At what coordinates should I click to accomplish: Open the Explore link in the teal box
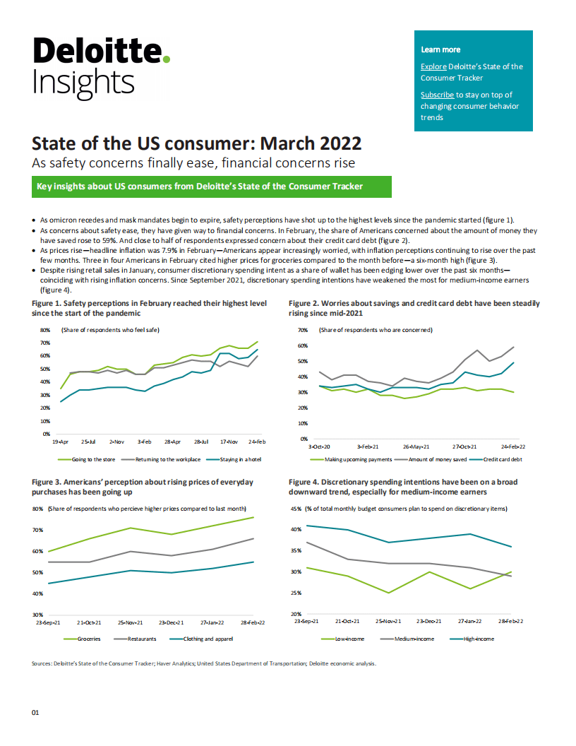click(433, 66)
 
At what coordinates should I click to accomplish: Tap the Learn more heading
click(440, 49)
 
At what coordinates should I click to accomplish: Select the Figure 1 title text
click(149, 307)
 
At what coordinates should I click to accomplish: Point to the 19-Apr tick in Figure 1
click(60, 441)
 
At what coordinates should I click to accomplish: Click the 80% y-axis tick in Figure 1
click(44, 330)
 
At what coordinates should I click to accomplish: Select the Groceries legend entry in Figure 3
click(88, 639)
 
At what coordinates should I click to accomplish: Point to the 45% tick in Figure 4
click(296, 509)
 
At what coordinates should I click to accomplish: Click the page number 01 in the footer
click(35, 713)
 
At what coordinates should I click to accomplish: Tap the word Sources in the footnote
click(42, 663)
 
